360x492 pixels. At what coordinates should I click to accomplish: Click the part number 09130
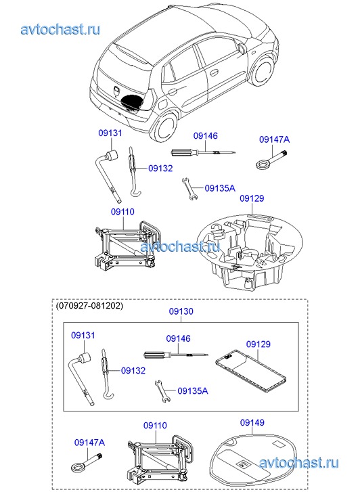pyautogui.click(x=181, y=311)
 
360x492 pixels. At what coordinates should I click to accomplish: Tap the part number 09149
pyautogui.click(x=252, y=422)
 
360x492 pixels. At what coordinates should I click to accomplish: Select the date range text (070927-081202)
pyautogui.click(x=89, y=305)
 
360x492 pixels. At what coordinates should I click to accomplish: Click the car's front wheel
pyautogui.click(x=262, y=70)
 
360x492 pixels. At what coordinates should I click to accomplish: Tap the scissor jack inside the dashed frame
pyautogui.click(x=160, y=460)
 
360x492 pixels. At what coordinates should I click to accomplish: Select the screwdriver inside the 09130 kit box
pyautogui.click(x=176, y=355)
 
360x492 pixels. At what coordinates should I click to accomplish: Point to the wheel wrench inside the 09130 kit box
pyautogui.click(x=81, y=378)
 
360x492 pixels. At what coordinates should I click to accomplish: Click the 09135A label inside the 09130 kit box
pyautogui.click(x=193, y=390)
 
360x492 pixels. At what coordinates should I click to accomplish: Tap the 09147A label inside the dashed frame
pyautogui.click(x=89, y=443)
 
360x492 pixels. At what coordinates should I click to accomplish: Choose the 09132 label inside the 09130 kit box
pyautogui.click(x=133, y=371)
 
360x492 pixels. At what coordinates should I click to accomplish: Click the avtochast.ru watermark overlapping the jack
pyautogui.click(x=180, y=246)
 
